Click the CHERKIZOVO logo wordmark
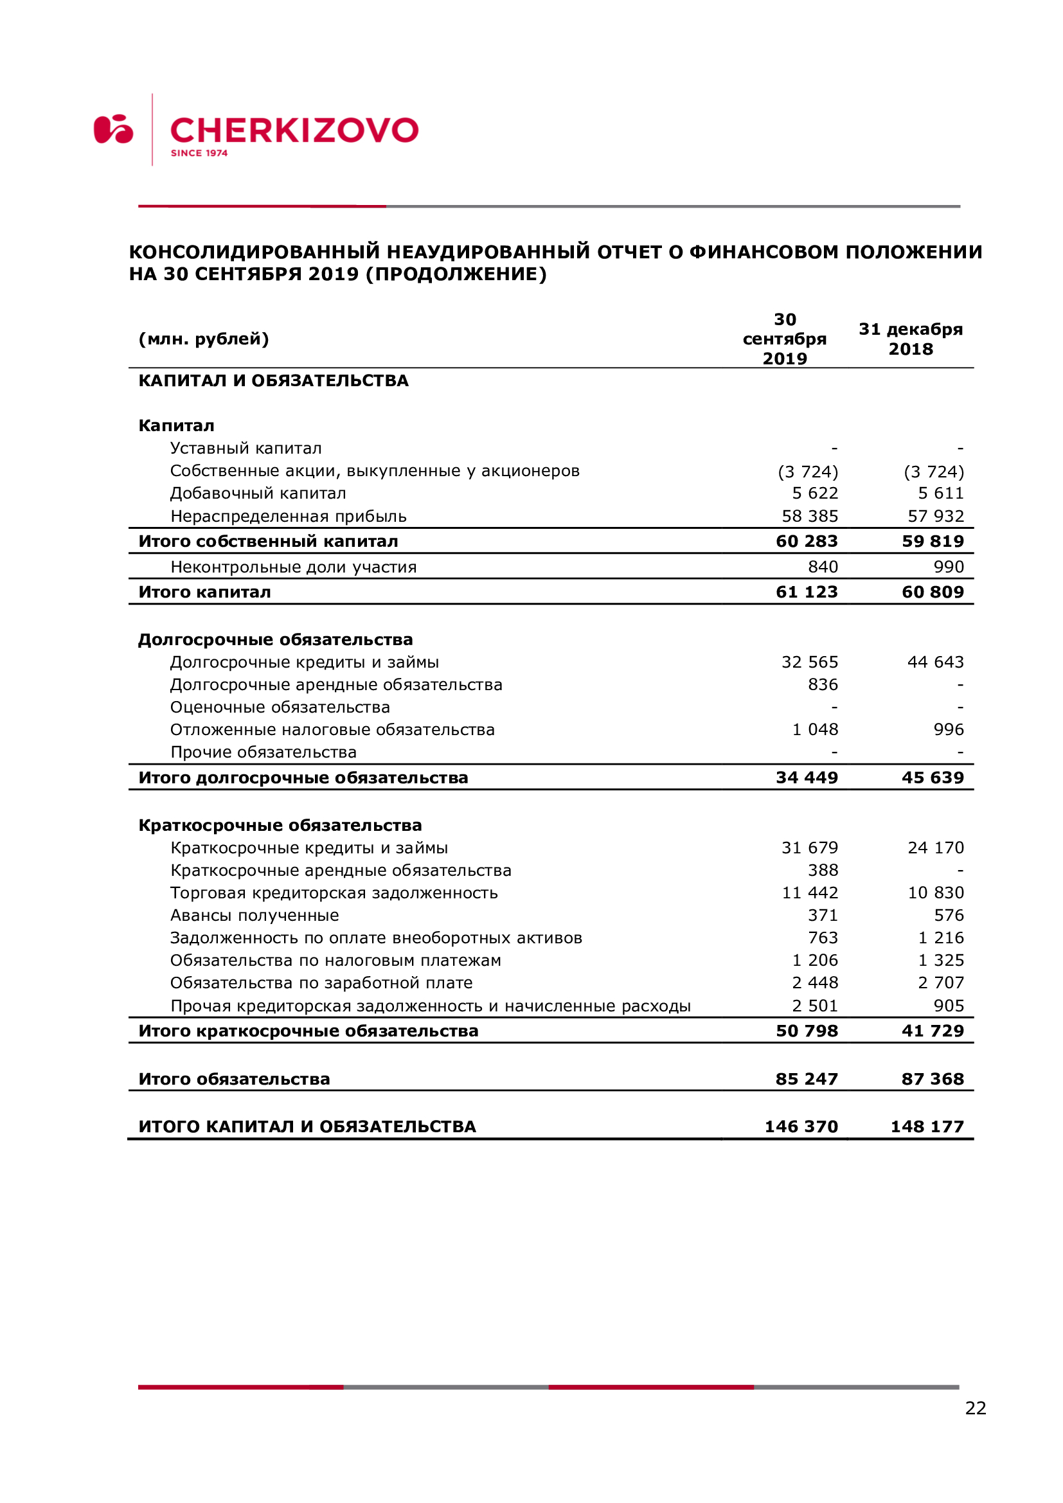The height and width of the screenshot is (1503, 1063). point(294,130)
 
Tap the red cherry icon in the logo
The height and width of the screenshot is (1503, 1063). point(113,129)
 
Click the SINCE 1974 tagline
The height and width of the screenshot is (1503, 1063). point(199,153)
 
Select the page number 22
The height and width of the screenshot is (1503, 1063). point(976,1408)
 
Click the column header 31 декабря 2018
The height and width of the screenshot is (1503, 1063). point(911,339)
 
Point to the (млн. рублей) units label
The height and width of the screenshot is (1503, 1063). point(204,339)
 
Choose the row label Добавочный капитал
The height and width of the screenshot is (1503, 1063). point(258,493)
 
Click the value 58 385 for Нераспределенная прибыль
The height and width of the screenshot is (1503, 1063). point(810,517)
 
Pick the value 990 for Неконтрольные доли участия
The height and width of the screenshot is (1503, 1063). point(949,567)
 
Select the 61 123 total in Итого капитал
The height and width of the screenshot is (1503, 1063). point(807,592)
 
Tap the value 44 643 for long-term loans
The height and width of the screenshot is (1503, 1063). point(935,662)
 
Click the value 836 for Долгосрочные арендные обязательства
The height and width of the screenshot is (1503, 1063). point(823,685)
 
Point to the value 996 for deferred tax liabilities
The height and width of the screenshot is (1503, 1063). point(949,729)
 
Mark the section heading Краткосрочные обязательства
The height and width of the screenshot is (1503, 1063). point(280,826)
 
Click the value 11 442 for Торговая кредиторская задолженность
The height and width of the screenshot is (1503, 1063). point(810,893)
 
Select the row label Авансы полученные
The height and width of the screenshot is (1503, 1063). point(255,915)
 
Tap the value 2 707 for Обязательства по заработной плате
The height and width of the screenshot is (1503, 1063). point(941,983)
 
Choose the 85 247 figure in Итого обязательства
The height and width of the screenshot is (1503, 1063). point(807,1079)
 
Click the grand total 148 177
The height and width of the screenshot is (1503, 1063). point(927,1126)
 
